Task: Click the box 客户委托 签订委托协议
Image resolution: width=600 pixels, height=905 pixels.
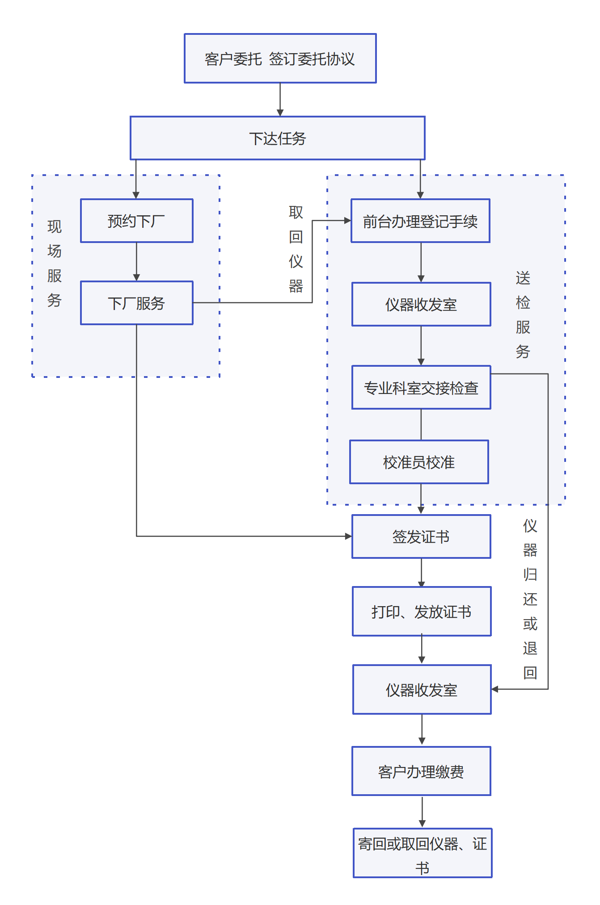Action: [280, 59]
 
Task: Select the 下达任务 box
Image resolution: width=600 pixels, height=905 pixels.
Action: [277, 138]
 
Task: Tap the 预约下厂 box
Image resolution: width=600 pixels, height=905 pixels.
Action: [136, 221]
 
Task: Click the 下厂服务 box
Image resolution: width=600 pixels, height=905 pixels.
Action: [136, 303]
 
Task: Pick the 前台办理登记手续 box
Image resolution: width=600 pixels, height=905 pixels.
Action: [420, 221]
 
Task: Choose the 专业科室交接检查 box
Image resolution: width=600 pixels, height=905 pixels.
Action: [421, 388]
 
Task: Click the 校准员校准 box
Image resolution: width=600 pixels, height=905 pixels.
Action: [419, 462]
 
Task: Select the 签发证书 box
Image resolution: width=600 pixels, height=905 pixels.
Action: [421, 536]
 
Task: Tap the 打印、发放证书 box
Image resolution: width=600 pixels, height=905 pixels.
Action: [422, 612]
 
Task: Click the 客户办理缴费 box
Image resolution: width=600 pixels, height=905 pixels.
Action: [421, 771]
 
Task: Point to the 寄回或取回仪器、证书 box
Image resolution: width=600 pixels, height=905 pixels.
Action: [423, 853]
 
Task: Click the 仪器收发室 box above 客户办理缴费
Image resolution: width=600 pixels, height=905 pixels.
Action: [422, 690]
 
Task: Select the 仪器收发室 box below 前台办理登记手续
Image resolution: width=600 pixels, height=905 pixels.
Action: [421, 304]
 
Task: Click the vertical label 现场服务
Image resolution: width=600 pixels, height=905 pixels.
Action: [54, 263]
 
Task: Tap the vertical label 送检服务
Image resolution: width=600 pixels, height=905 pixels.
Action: [523, 314]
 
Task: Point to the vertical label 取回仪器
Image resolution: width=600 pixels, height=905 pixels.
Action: [296, 249]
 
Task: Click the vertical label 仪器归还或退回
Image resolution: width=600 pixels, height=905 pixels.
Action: [530, 599]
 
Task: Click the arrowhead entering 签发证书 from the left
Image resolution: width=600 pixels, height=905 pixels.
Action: [348, 536]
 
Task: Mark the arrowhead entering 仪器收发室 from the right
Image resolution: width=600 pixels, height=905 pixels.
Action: [495, 689]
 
